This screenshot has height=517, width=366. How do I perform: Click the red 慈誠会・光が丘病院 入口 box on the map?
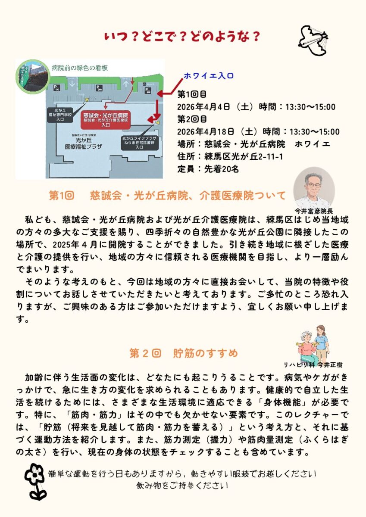click(x=106, y=120)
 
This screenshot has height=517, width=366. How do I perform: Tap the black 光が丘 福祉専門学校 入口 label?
click(x=60, y=115)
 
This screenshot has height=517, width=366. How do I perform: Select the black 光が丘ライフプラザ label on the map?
click(x=139, y=143)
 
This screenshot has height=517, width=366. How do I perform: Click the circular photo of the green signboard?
click(x=33, y=77)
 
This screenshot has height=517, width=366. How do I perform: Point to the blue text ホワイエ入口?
click(x=209, y=76)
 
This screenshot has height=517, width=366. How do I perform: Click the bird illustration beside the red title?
click(x=313, y=40)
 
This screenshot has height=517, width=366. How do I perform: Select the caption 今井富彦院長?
click(x=313, y=211)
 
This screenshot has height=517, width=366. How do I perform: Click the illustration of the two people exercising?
click(x=313, y=344)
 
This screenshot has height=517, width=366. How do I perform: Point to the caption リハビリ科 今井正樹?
click(x=313, y=364)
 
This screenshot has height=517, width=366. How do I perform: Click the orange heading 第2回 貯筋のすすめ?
click(x=184, y=353)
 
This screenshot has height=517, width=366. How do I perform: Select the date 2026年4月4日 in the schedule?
click(x=203, y=107)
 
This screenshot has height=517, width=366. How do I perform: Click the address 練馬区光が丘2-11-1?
click(x=244, y=157)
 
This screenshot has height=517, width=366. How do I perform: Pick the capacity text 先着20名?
click(x=221, y=169)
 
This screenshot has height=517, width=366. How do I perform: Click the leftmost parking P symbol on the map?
click(x=57, y=88)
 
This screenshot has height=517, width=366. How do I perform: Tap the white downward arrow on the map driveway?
click(x=72, y=83)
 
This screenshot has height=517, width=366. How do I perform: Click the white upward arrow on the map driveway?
click(x=126, y=83)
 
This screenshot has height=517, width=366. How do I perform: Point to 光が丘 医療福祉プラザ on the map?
click(x=84, y=143)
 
